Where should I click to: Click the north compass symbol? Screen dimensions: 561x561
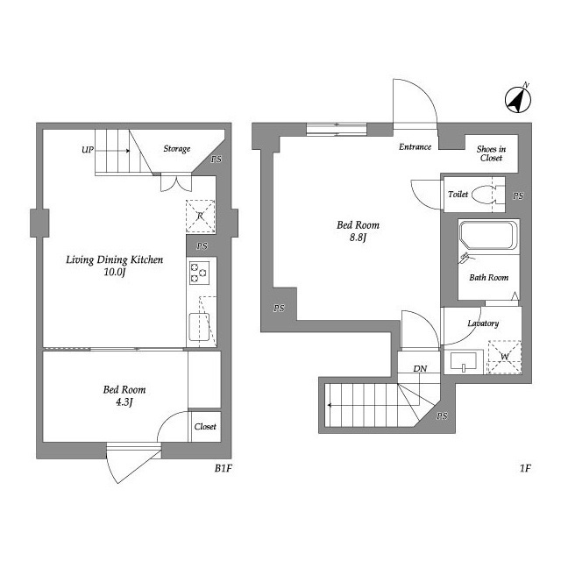coord(518,99)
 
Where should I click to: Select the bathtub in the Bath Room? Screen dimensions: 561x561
coord(489,236)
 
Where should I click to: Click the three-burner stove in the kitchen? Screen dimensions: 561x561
coord(199,273)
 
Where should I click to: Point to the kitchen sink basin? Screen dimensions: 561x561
coord(199,327)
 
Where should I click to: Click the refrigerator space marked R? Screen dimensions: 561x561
coord(201,217)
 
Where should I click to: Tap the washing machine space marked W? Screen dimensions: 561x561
coord(505,357)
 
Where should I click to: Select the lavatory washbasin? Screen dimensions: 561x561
coord(464,361)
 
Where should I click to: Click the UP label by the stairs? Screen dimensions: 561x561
coord(88,150)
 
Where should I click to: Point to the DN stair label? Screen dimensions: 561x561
coord(420,368)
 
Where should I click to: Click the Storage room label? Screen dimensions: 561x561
coord(177,149)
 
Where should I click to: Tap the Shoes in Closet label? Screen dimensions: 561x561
coord(491,153)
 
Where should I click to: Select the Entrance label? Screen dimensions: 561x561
coord(415,146)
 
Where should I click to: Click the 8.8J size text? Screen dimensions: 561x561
coord(358,238)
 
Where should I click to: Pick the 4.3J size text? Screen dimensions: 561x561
coord(124,402)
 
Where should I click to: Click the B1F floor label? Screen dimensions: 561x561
coord(224,468)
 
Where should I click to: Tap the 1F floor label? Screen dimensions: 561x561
coord(525,468)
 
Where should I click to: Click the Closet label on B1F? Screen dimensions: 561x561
coord(205,427)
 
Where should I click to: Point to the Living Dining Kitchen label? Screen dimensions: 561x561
coord(115,259)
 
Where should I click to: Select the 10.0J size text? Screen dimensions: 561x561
coord(115,273)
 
